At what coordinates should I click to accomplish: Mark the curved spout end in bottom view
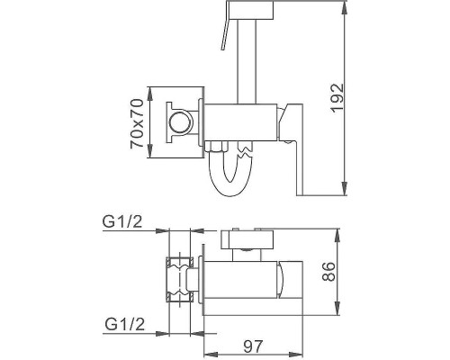[x=286, y=279]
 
